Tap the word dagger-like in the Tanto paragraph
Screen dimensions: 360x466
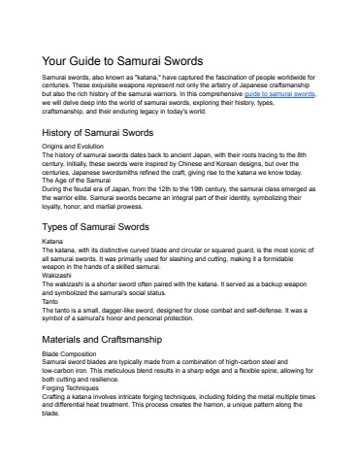click(x=131, y=309)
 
